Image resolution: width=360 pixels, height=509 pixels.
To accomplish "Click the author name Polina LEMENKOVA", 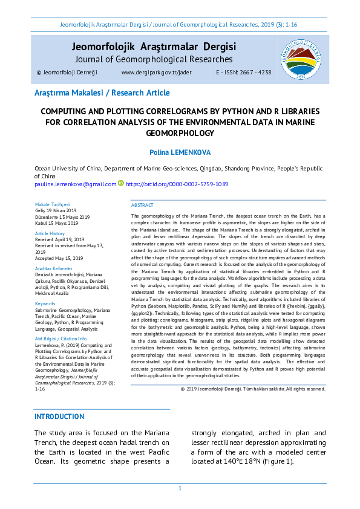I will (180, 154).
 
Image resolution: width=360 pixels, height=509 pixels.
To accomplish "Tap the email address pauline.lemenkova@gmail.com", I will (75, 184).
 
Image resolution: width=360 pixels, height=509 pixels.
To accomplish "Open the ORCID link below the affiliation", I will (177, 184).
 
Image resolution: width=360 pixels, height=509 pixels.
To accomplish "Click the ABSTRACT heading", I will (142, 206).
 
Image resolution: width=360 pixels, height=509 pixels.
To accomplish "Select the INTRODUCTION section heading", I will (59, 417).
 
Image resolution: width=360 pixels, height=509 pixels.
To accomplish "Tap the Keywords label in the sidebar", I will (45, 303).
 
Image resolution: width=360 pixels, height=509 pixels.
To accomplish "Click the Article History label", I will (50, 233).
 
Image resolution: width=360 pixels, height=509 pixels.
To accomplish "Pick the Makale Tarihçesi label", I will (53, 204).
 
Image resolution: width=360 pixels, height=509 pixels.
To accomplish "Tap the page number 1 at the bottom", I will (180, 488).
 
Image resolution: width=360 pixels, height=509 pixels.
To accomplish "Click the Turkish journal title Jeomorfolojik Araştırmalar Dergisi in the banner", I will (154, 47).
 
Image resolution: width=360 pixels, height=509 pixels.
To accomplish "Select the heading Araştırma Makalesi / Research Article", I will (102, 93).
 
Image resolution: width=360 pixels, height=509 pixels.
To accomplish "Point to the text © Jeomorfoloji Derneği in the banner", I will (67, 73).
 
